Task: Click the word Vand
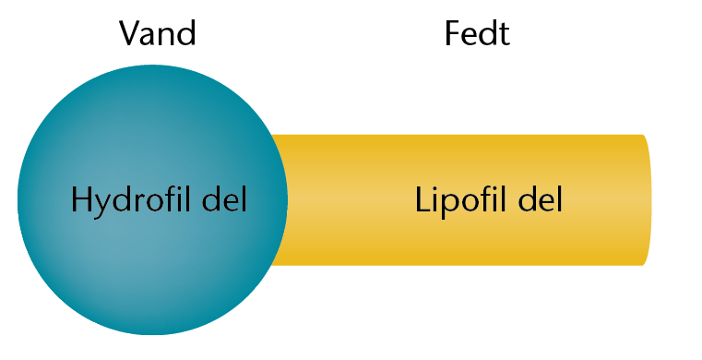coord(158,32)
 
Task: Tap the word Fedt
coord(477,33)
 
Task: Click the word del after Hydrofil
coord(225,198)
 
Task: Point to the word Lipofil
coord(463,199)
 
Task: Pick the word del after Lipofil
coord(541,198)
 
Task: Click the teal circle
coord(152,199)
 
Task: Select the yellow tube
coord(461,199)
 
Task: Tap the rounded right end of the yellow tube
coord(648,199)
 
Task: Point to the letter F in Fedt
coord(453,33)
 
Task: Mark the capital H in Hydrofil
coord(81,199)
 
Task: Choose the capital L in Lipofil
coord(422,199)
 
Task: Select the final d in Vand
coord(187,33)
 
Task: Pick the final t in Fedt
coord(504,35)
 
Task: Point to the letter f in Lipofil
coord(488,198)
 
